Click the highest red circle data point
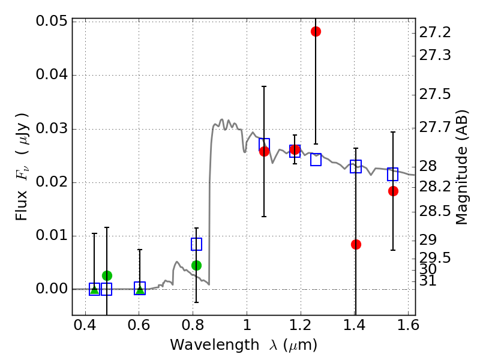coord(316,31)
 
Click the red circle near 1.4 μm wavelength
coord(356,244)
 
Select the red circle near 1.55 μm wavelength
coord(393,191)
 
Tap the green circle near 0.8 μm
coord(196,265)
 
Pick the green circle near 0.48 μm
coord(107,275)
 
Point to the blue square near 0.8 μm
coord(196,244)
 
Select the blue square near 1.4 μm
coord(356,166)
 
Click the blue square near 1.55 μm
coord(393,174)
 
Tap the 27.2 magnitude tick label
coord(434,31)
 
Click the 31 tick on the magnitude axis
coord(428,281)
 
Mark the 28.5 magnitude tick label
coord(434,211)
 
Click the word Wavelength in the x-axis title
coord(206,345)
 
